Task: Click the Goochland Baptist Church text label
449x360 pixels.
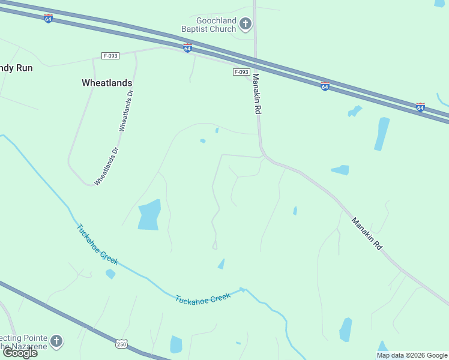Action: point(209,23)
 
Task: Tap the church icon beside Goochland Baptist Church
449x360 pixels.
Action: point(245,24)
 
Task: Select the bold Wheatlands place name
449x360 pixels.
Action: point(107,83)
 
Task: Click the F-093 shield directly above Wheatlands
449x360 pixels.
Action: point(110,56)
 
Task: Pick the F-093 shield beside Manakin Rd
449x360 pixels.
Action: point(241,72)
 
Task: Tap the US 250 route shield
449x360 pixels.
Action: point(122,344)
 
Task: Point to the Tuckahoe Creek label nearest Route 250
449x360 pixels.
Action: point(203,298)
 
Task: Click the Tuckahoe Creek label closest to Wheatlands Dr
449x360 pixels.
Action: point(97,244)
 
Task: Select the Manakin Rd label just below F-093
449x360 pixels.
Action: point(257,94)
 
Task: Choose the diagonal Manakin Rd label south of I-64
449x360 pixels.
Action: point(367,233)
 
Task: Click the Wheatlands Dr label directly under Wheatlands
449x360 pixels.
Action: point(125,111)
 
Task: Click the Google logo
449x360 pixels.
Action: point(20,353)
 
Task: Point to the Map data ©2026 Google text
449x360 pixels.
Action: point(411,355)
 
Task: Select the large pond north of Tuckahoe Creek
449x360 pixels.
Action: point(149,215)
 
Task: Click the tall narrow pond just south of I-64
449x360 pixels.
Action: point(382,133)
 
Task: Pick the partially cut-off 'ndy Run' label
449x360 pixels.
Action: point(16,68)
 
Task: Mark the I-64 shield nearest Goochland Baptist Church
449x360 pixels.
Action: point(187,47)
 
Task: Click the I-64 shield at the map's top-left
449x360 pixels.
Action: point(49,19)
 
